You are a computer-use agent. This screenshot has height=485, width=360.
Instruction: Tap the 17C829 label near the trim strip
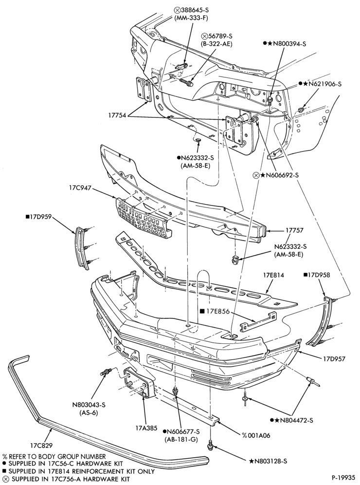tap(41, 446)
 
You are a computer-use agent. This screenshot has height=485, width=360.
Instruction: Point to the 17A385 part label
tap(146, 429)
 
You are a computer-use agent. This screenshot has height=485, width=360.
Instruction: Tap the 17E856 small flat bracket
tap(258, 322)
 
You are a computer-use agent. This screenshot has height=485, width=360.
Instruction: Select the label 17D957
tap(334, 359)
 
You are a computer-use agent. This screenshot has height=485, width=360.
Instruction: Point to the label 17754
tap(117, 116)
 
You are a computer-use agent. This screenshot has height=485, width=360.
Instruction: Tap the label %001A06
tap(256, 435)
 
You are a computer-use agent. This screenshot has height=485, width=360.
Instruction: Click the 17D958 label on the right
tap(317, 275)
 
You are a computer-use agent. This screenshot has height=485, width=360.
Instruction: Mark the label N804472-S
tap(291, 420)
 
